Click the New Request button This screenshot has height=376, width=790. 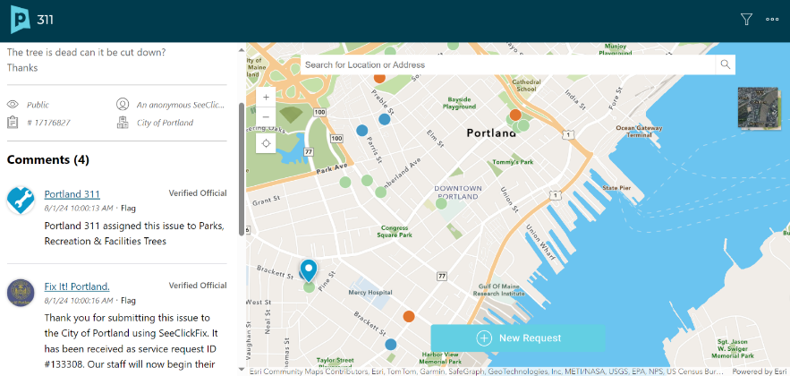[x=518, y=338]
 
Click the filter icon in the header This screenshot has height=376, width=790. [x=746, y=19]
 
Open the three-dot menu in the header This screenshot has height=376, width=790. [x=772, y=19]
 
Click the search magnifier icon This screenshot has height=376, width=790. [x=726, y=64]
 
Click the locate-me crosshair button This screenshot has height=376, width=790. [x=266, y=143]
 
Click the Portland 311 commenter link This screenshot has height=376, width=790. [x=72, y=193]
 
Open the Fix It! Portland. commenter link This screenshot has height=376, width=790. [x=77, y=286]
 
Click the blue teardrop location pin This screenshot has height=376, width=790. [x=309, y=269]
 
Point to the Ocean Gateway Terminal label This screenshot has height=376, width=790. [x=639, y=131]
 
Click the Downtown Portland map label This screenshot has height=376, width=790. [x=458, y=192]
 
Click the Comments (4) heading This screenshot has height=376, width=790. [x=48, y=159]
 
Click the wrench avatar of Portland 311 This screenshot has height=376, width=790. [x=21, y=200]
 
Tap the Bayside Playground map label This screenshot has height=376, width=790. [x=460, y=102]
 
